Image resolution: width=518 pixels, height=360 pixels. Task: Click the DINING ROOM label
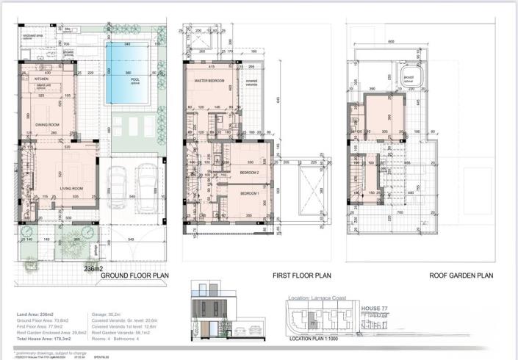48,125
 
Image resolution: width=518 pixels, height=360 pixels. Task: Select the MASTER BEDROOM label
208,80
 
